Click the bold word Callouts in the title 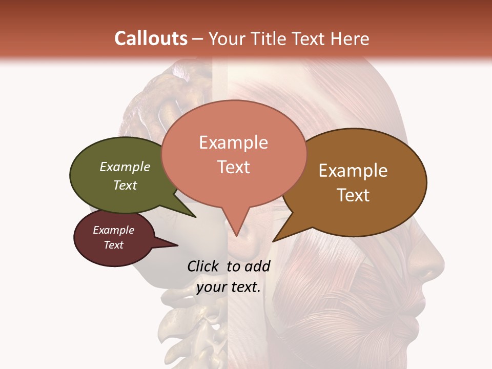tap(151, 38)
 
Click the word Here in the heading tap(350, 38)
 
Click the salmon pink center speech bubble tap(234, 154)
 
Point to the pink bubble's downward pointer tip tap(236, 236)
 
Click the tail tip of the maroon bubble tap(177, 245)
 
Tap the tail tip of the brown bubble tap(273, 241)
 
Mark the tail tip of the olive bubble tap(196, 217)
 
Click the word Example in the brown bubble tap(353, 171)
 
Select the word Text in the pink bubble tap(234, 167)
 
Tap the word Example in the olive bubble tap(125, 167)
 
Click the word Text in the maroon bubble tap(114, 245)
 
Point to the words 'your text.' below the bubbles tap(229, 287)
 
